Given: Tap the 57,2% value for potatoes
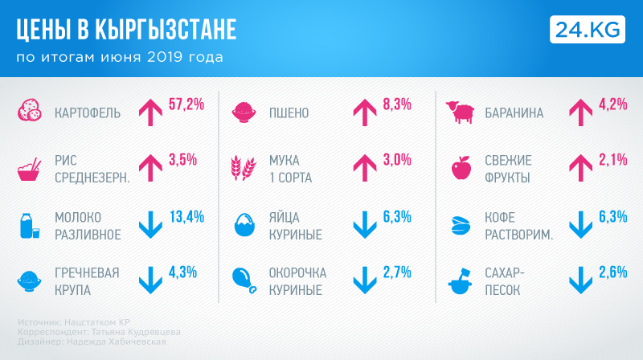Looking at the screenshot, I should point(186,104).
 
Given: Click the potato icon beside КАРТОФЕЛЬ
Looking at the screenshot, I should point(31,112).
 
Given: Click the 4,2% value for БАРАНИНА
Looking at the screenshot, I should point(612,104).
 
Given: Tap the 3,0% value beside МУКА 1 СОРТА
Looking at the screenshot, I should point(397,160).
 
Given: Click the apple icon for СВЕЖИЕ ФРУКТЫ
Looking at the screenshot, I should point(461,169).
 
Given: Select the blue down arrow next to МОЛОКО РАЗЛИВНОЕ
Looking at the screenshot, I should point(151,225).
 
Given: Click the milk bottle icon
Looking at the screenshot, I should point(30,225).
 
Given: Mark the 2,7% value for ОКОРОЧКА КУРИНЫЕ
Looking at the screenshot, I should point(397,272).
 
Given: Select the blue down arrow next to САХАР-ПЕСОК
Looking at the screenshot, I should point(580,280).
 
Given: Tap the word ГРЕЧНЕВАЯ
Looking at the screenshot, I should point(87,272).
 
